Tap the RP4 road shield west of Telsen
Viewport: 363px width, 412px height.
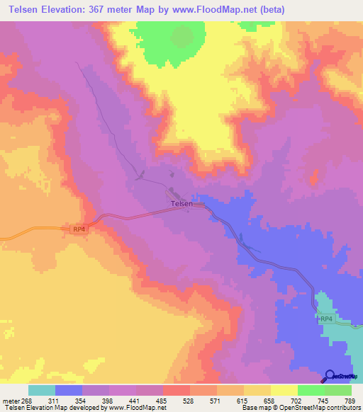[79, 229]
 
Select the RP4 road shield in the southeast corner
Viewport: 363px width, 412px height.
[325, 320]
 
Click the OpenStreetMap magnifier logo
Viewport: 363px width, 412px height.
[330, 375]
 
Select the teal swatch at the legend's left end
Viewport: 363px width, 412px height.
[42, 390]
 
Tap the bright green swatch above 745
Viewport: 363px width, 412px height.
[311, 390]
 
